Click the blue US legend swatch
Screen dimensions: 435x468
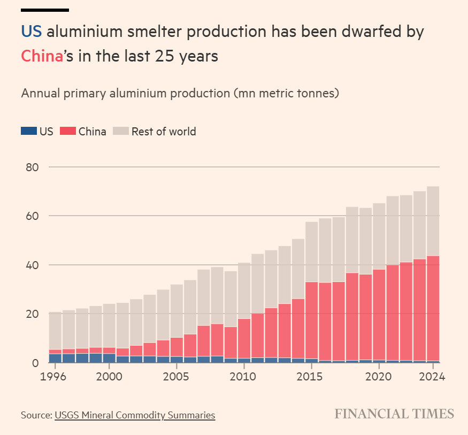[28, 131]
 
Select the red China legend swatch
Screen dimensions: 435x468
[67, 131]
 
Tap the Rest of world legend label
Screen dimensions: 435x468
[164, 131]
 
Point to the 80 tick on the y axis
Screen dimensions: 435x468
[32, 167]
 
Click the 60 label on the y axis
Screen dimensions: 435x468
[32, 216]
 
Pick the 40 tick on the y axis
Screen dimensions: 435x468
[32, 265]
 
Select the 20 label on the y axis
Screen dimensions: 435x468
[32, 314]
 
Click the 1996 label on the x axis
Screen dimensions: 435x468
[55, 377]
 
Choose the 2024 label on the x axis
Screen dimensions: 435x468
[433, 377]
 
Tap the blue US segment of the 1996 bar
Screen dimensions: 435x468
[55, 358]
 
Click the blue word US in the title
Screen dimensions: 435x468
[32, 32]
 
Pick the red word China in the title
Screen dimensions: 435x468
[42, 56]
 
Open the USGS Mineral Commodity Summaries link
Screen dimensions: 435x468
[135, 415]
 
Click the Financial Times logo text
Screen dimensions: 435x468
[394, 414]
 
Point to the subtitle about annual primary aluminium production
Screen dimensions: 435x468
[180, 93]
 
